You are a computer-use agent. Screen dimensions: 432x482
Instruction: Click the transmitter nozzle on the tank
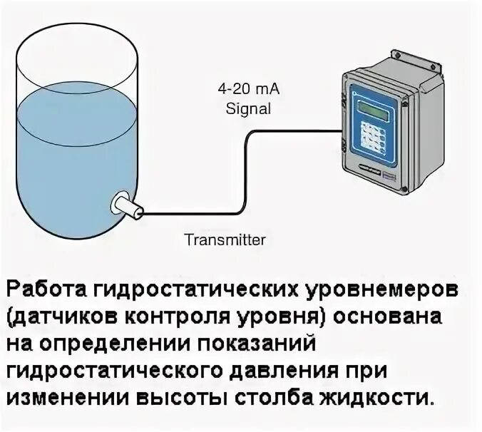point(127,205)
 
